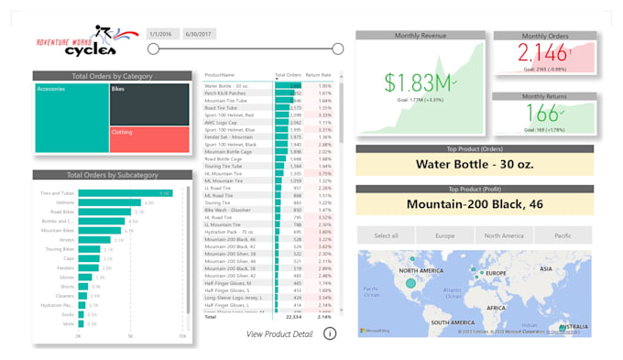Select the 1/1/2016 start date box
162,33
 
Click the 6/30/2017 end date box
198,33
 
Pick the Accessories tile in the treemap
71,118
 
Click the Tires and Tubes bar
125,193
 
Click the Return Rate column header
318,74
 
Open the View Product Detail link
279,333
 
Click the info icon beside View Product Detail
330,333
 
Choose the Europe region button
444,235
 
